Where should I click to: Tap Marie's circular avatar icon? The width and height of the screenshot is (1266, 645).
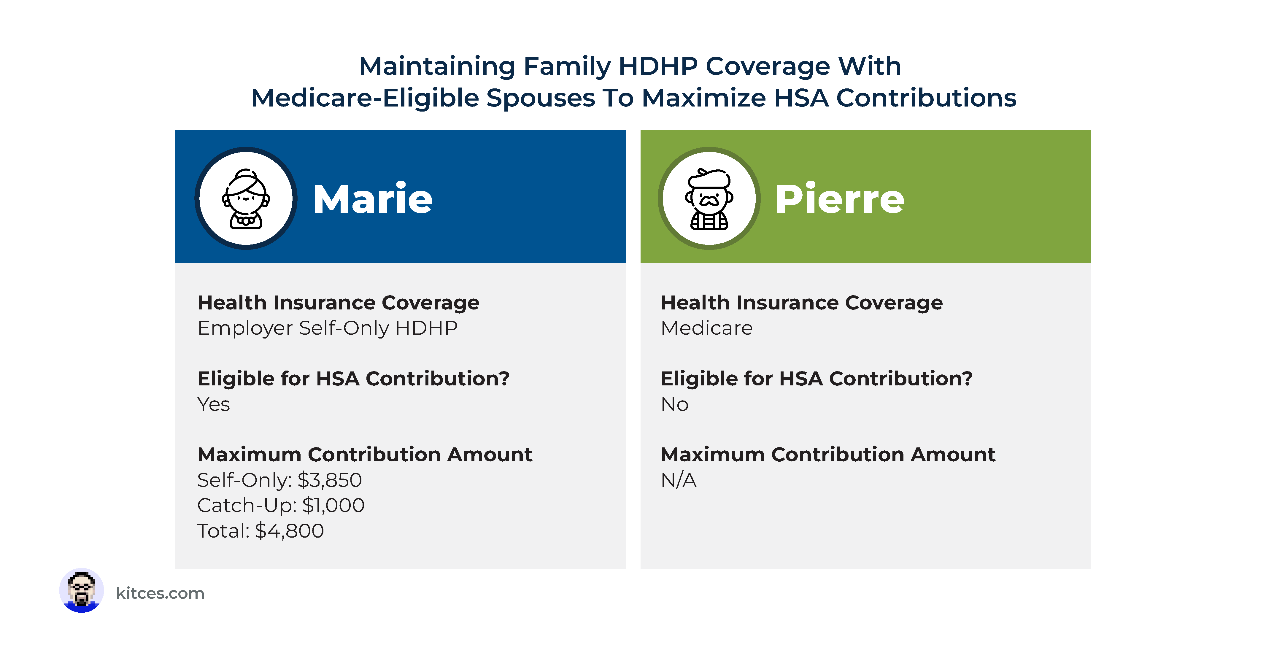(x=246, y=198)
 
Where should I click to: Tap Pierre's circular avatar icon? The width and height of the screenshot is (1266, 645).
(x=709, y=198)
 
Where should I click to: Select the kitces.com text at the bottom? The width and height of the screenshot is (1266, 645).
(x=160, y=593)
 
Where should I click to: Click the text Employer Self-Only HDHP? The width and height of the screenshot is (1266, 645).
(x=327, y=328)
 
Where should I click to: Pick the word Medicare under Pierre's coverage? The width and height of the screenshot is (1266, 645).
(x=706, y=328)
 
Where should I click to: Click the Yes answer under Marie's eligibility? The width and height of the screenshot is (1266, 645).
(x=213, y=404)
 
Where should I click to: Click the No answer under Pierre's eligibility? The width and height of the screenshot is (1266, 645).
(x=674, y=404)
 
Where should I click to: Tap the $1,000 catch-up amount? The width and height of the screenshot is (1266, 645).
(x=333, y=505)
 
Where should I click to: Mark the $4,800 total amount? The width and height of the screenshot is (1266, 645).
(x=290, y=531)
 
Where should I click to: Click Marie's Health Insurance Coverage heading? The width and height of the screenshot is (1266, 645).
(x=338, y=303)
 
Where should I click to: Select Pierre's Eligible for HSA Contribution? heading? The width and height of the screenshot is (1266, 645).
(x=816, y=379)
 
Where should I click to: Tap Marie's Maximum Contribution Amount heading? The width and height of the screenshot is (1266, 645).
(x=365, y=455)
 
